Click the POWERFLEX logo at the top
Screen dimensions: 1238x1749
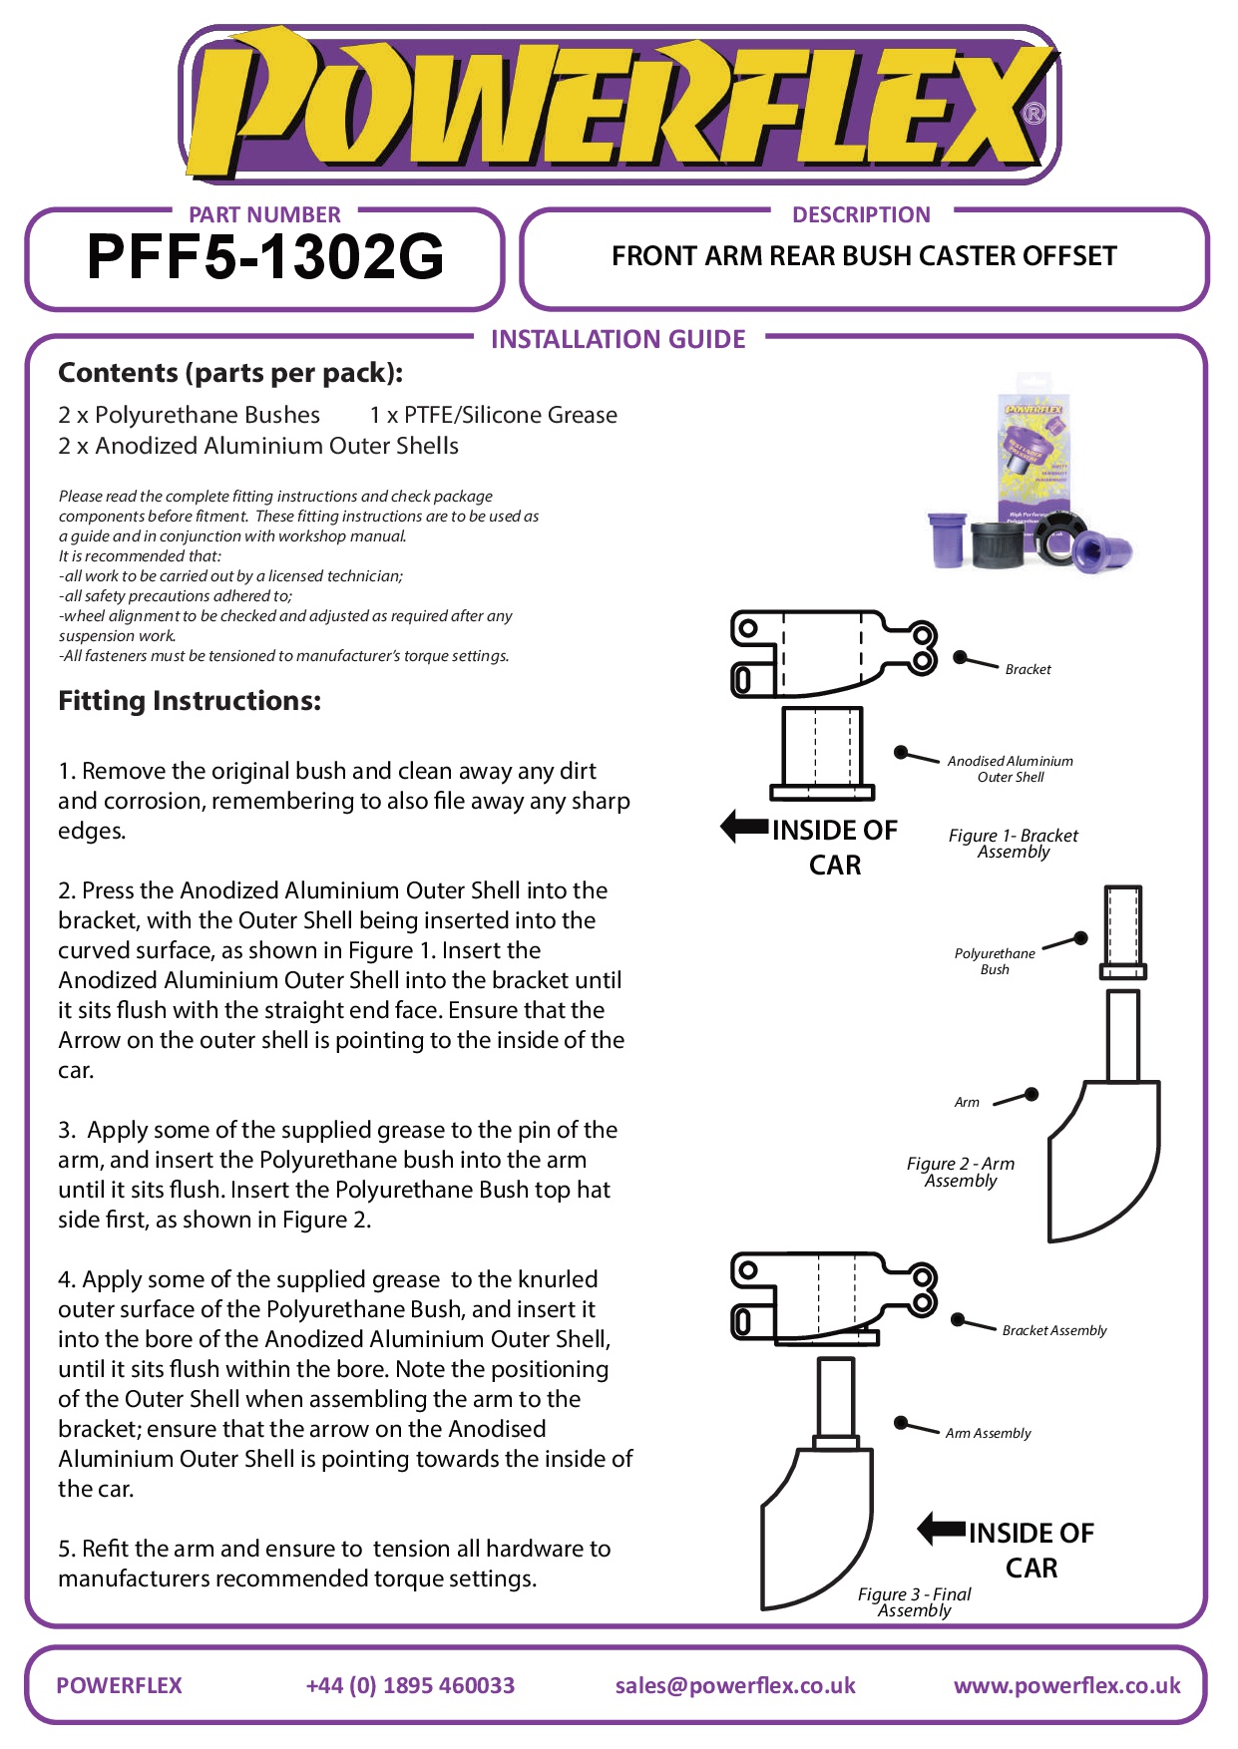tap(619, 104)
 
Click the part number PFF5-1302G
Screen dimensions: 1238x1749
tap(265, 256)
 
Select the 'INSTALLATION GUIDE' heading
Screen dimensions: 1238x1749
tap(618, 339)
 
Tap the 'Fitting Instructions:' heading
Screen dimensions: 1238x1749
tap(190, 701)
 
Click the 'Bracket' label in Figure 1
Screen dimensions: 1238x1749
tap(1028, 669)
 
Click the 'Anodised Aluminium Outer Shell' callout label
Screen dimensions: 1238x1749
tap(1011, 769)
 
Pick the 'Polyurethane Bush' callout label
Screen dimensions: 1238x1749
tap(995, 961)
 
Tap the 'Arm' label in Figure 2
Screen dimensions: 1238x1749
tap(967, 1102)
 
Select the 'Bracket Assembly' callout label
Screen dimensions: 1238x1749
tap(1054, 1330)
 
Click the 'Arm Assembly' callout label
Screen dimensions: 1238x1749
tap(988, 1433)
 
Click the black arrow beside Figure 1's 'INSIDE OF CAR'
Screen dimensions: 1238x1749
tap(745, 827)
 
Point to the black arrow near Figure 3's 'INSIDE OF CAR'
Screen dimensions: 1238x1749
tap(942, 1529)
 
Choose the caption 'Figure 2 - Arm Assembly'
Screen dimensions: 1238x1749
tap(961, 1172)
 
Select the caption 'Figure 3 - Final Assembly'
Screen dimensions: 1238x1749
tap(915, 1601)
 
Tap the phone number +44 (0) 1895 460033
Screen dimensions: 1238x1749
tap(410, 1685)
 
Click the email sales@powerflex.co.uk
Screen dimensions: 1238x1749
tap(735, 1685)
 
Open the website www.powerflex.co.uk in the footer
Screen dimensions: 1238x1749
tap(1067, 1685)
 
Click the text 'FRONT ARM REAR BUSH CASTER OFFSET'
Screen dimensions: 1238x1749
tap(864, 256)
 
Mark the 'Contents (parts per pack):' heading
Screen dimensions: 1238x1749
tap(230, 373)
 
